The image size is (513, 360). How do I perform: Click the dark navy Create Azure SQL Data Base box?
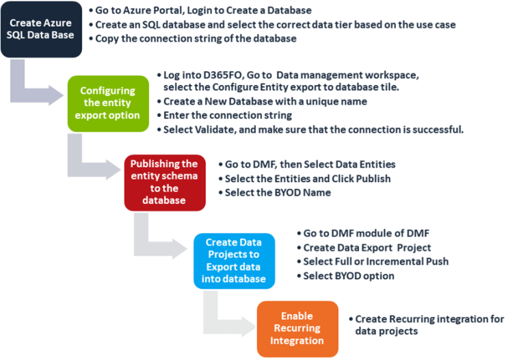point(41,29)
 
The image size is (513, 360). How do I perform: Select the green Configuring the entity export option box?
point(107,103)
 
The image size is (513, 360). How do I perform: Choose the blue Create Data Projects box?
point(234,260)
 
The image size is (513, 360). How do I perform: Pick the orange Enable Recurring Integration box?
point(297,328)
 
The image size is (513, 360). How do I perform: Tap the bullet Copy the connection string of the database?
point(198,38)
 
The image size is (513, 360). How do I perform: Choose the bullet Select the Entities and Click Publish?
point(308,179)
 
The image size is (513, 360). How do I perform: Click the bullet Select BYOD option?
point(349,276)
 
